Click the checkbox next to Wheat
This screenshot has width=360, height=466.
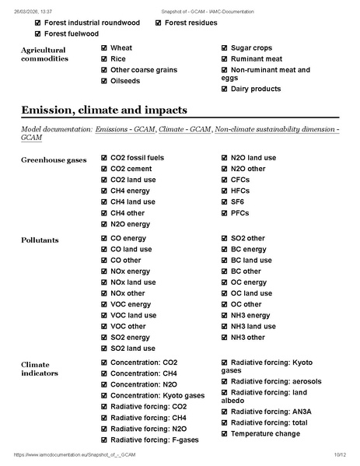click(104, 48)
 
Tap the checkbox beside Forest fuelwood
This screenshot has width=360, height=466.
click(38, 34)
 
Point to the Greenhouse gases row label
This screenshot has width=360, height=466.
click(54, 159)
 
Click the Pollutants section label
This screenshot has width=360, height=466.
click(39, 239)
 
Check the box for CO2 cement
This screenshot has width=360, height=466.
click(104, 169)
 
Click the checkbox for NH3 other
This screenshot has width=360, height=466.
click(225, 338)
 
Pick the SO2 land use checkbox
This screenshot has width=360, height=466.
click(104, 349)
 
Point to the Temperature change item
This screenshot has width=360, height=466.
click(265, 433)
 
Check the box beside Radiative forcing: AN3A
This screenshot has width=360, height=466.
click(225, 412)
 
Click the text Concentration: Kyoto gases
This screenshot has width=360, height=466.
click(157, 395)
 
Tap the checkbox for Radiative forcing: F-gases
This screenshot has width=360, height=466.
click(104, 440)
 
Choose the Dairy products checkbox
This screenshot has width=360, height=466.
click(225, 89)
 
